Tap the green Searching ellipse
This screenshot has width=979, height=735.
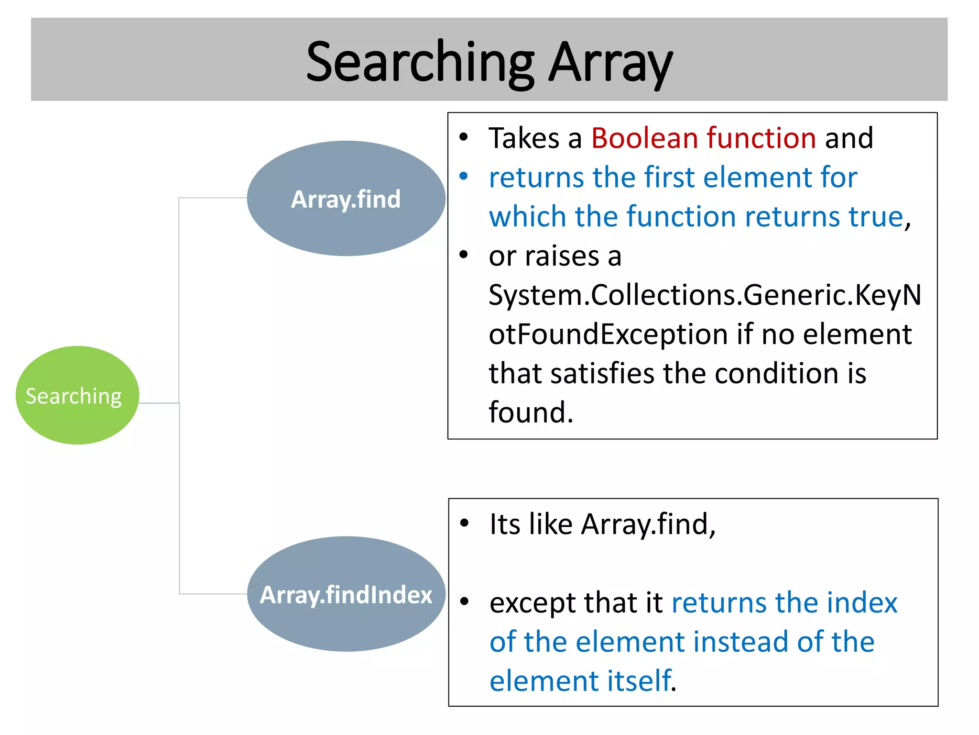click(77, 395)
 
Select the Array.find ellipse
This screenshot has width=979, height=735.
click(346, 198)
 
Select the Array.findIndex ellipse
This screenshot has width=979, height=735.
click(346, 594)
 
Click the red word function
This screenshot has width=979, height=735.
click(761, 138)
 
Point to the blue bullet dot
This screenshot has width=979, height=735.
click(463, 176)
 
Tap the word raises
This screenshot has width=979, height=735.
click(562, 256)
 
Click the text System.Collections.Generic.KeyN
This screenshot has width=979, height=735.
click(705, 295)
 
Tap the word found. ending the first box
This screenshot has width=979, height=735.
click(531, 412)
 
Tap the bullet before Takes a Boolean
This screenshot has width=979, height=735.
click(463, 137)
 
